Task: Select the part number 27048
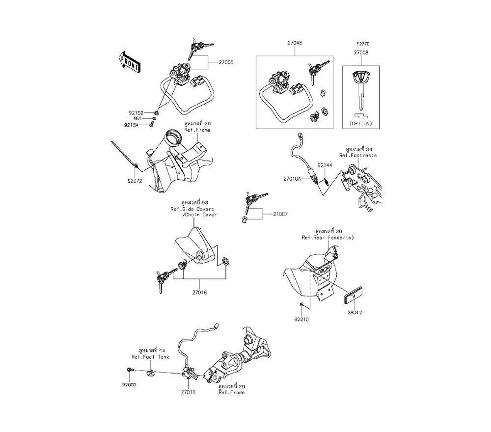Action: tap(295, 43)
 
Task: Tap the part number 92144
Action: tap(325, 166)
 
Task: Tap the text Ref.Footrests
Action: tap(358, 155)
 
